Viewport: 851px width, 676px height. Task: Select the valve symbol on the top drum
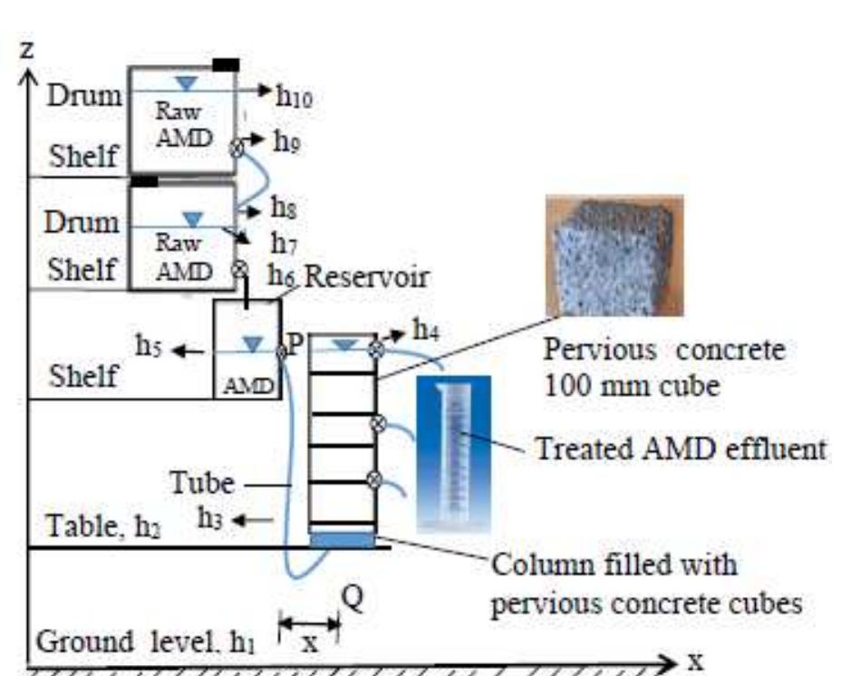point(238,148)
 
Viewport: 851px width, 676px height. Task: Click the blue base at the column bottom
point(342,540)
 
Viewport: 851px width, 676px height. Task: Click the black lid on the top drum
point(227,64)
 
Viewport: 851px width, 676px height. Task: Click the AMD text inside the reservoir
point(247,386)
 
